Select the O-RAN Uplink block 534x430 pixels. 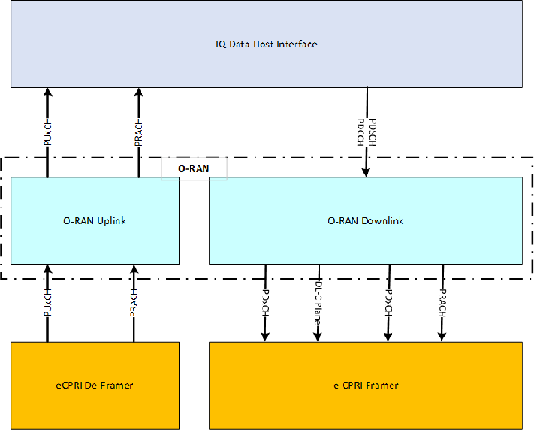point(94,221)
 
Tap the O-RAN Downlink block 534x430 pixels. point(365,221)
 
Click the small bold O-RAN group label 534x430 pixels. point(194,167)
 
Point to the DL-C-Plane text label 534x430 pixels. point(318,296)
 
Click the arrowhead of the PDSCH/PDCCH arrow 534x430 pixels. point(367,173)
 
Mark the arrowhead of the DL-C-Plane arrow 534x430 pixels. point(318,337)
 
